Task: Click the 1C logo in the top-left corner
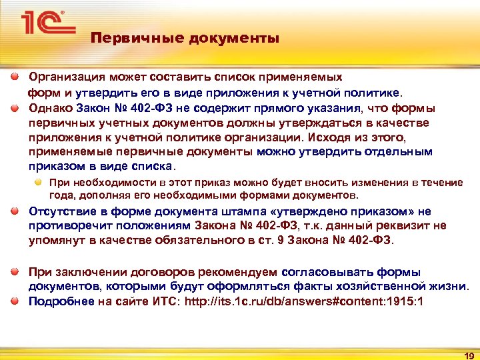pyautogui.click(x=44, y=23)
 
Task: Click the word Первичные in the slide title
pyautogui.click(x=123, y=38)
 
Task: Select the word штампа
pyautogui.click(x=228, y=212)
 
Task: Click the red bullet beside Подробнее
pyautogui.click(x=15, y=301)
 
